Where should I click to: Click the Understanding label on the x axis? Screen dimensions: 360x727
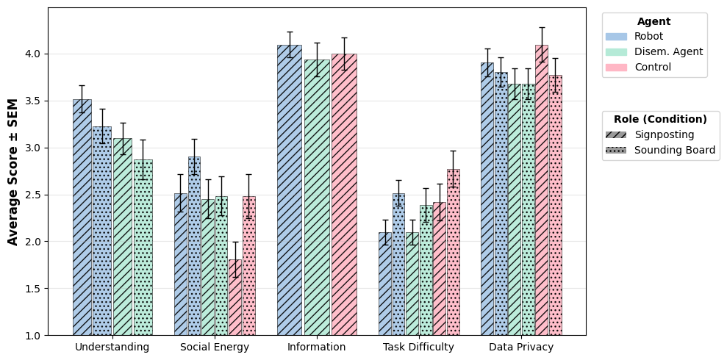tap(112, 347)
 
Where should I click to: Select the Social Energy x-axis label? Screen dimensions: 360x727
tap(215, 347)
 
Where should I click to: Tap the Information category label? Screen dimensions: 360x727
tap(316, 347)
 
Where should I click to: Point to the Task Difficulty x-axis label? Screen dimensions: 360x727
tap(418, 347)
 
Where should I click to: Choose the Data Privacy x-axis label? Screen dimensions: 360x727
tap(520, 347)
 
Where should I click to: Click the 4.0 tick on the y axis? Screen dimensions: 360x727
tap(34, 54)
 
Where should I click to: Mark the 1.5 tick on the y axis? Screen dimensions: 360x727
tap(34, 289)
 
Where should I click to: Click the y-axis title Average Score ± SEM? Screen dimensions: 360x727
tap(13, 172)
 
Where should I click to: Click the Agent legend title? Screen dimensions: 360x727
tap(653, 21)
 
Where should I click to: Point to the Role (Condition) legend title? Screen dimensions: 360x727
tap(660, 119)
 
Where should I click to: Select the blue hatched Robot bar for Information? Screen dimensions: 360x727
tap(289, 190)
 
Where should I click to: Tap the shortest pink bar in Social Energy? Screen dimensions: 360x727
tap(234, 298)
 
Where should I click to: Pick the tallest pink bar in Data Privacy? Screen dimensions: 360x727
tap(541, 190)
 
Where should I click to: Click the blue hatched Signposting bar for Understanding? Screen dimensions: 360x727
tap(82, 217)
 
